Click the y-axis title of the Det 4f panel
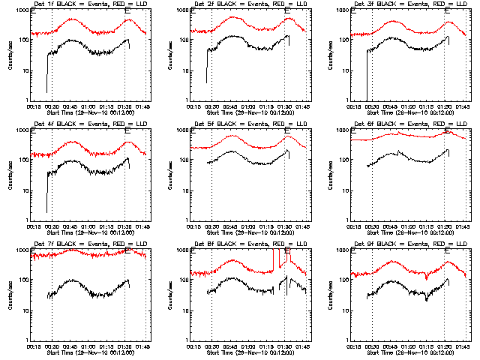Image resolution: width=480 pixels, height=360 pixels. [9, 175]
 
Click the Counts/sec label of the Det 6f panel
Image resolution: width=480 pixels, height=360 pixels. [328, 175]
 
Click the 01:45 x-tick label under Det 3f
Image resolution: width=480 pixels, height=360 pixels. [462, 106]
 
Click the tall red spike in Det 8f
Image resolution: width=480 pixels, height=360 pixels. [275, 259]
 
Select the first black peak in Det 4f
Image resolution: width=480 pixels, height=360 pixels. [71, 161]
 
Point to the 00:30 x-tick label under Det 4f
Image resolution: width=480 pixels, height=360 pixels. [51, 226]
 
